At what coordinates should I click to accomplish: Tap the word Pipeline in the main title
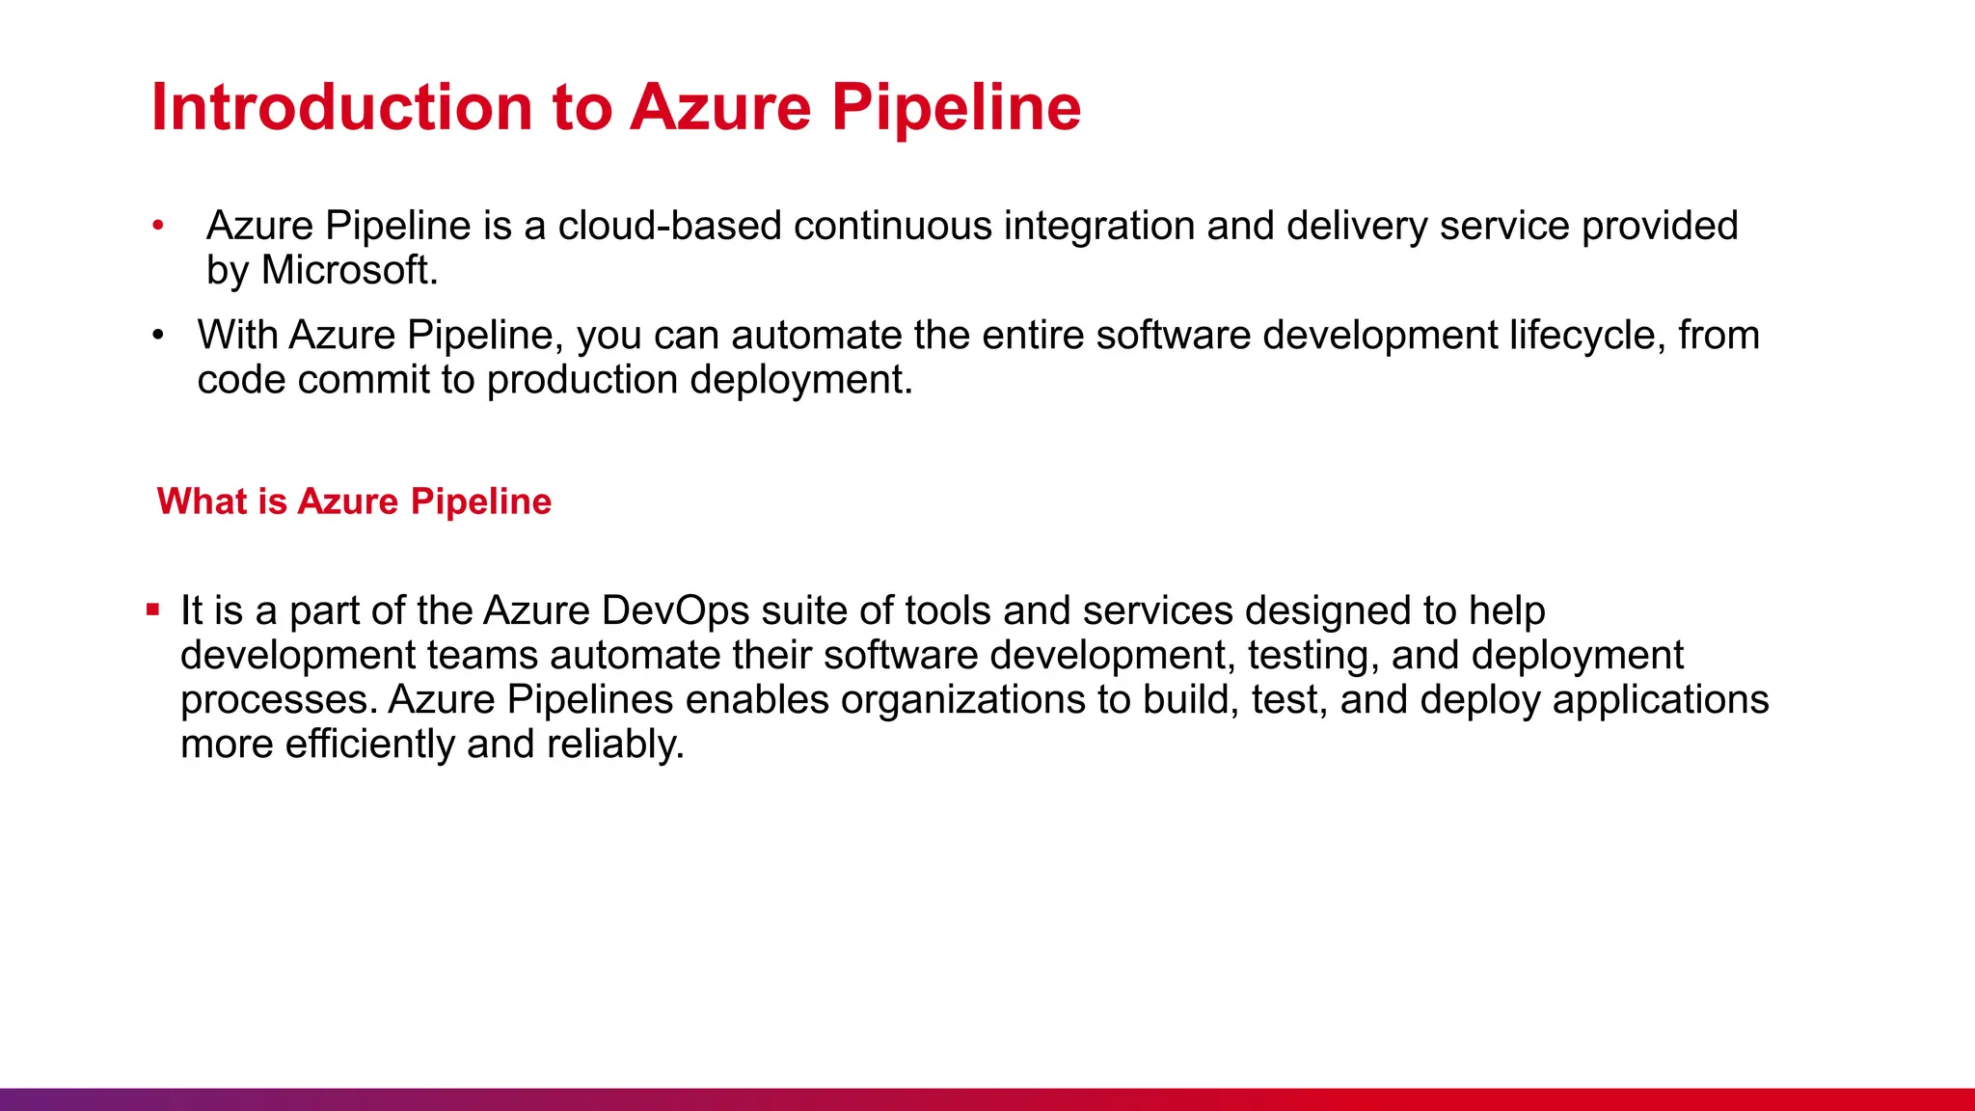(956, 108)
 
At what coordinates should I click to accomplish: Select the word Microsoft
(349, 270)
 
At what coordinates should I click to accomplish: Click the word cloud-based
(669, 226)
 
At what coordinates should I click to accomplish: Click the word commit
(363, 380)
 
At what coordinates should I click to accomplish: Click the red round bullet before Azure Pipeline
(158, 226)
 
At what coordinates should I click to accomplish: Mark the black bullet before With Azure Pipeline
(158, 336)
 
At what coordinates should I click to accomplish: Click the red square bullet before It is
(152, 610)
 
